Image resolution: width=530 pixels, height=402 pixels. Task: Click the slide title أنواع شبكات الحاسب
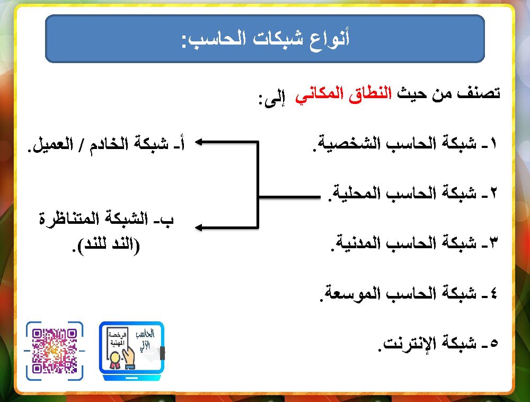[265, 39]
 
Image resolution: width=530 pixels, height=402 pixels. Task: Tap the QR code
[55, 351]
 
